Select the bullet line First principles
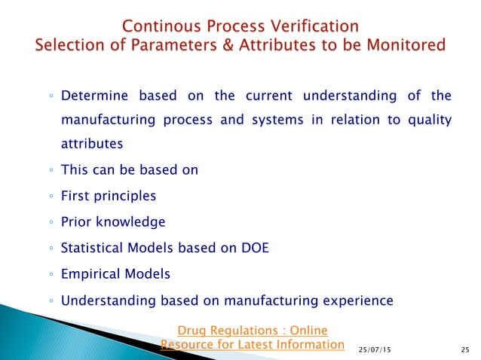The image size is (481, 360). pos(109,196)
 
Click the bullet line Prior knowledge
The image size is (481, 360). pos(113,222)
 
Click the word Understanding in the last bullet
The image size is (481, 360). pos(105,301)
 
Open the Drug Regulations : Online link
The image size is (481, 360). pos(252,330)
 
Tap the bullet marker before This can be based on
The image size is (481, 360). pos(50,170)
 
